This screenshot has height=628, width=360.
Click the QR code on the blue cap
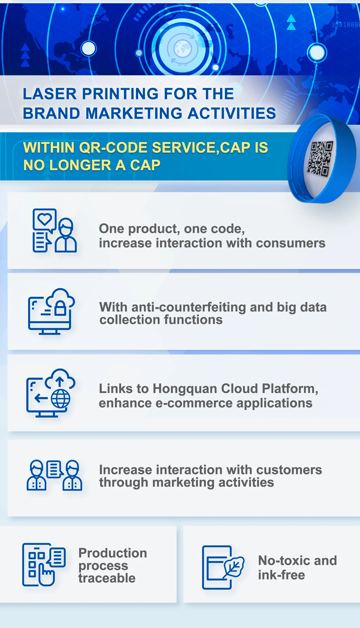tap(320, 158)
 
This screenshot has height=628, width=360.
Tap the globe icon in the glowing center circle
tap(182, 49)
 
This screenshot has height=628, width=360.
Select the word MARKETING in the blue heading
tap(134, 113)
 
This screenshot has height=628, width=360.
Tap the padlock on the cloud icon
tap(60, 308)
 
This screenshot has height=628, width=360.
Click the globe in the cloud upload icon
tap(61, 398)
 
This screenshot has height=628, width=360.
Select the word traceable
tap(107, 578)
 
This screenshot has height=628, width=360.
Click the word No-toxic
tap(284, 560)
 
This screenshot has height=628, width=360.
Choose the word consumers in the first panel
tap(291, 243)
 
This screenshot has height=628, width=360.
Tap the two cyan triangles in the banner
tap(291, 23)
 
